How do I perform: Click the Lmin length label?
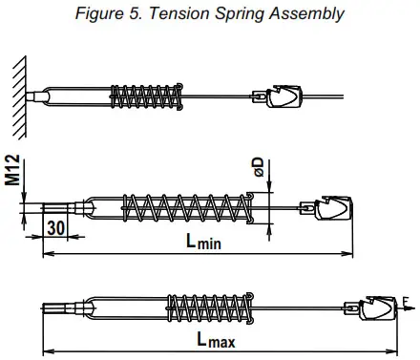[202, 244]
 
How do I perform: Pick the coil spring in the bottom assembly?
[202, 307]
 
